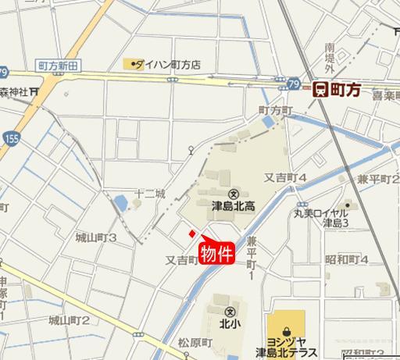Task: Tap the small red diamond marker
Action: (191, 233)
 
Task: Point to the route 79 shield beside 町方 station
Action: (293, 83)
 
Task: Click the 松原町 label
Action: (195, 342)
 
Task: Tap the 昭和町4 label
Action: (346, 259)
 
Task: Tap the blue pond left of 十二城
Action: (120, 205)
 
